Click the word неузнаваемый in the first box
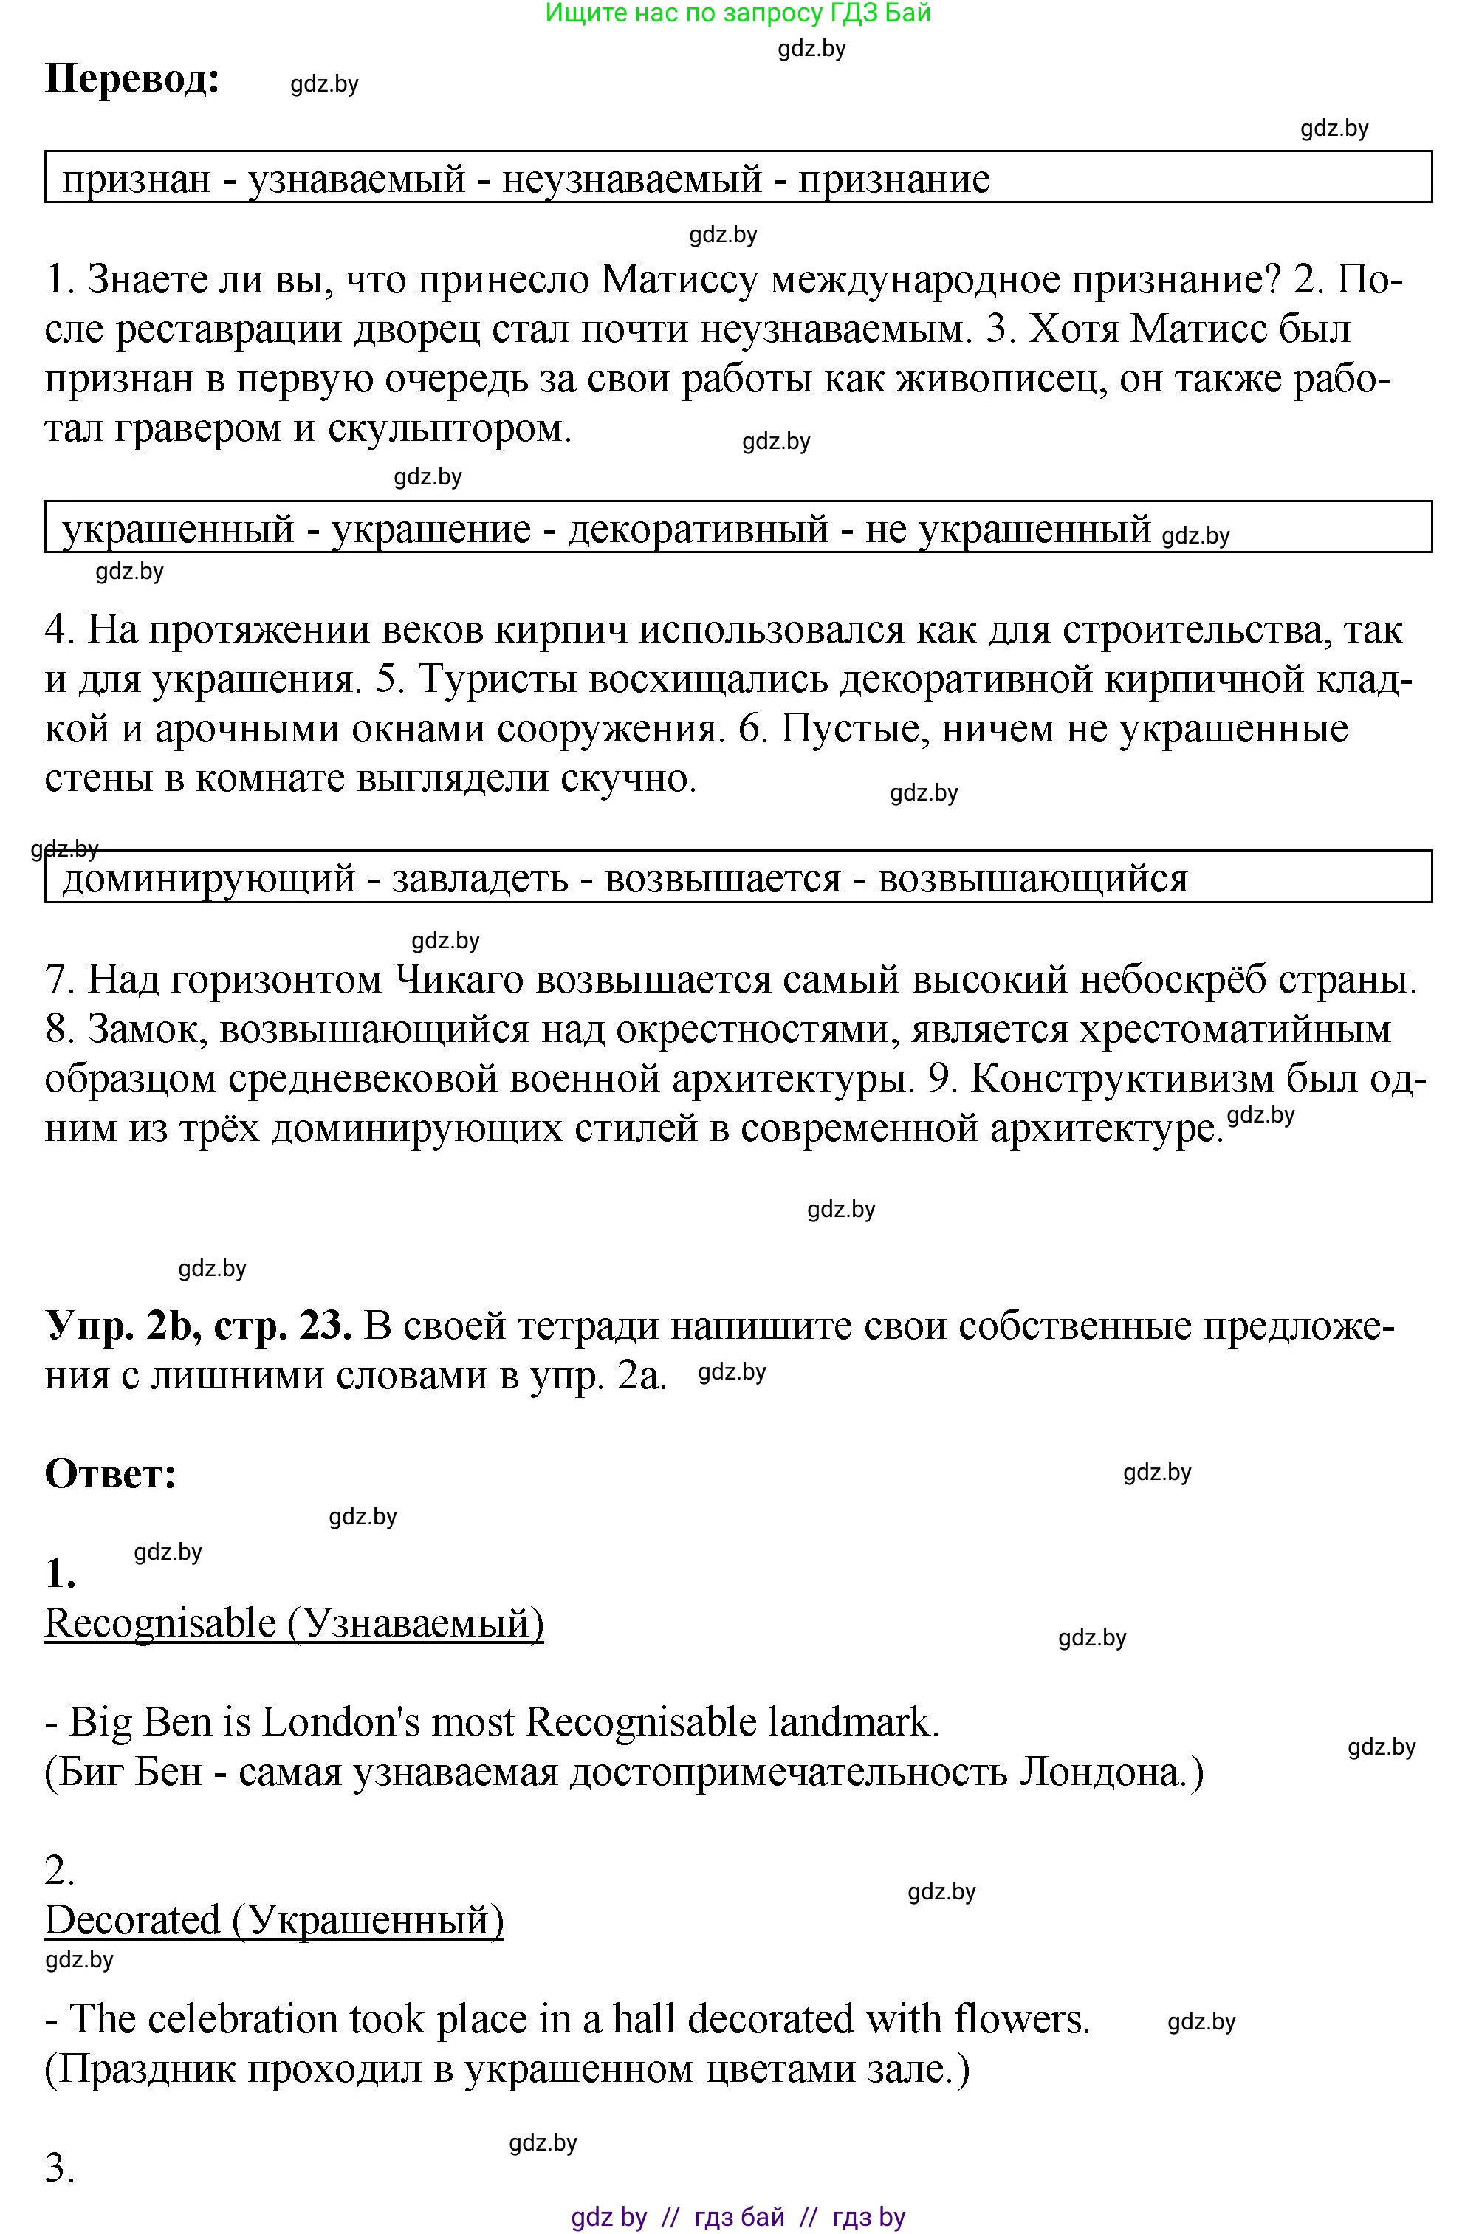pyautogui.click(x=631, y=178)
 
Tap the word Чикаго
pyautogui.click(x=458, y=980)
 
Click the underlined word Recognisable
pyautogui.click(x=160, y=1623)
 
